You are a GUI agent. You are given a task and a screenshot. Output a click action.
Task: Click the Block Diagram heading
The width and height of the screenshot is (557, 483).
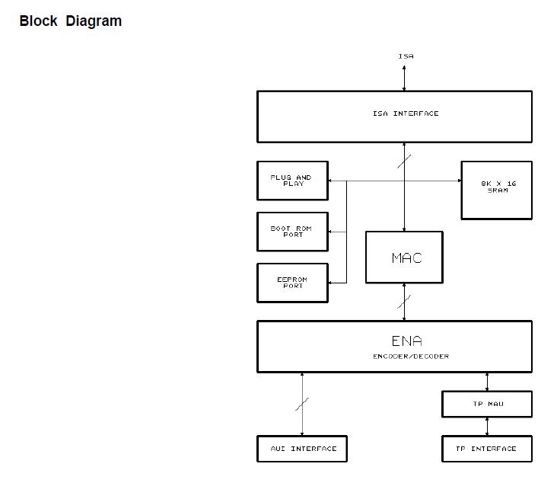[70, 21]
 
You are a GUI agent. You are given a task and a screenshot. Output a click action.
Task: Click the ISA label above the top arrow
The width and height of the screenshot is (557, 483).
[406, 56]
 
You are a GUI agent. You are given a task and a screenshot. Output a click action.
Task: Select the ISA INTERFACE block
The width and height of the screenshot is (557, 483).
[394, 117]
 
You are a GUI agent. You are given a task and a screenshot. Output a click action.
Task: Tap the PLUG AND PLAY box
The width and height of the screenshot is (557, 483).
[292, 181]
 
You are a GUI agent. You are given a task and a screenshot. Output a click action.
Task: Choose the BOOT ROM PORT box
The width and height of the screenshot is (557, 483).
[292, 232]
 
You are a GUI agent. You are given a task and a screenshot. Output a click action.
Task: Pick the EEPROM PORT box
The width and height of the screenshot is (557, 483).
[292, 283]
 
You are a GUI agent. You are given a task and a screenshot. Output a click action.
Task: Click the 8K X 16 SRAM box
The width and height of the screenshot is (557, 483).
[496, 190]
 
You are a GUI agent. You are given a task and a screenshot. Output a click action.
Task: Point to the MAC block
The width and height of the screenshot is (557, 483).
[404, 257]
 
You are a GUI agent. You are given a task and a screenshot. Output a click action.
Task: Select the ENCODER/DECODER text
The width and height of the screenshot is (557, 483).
[410, 357]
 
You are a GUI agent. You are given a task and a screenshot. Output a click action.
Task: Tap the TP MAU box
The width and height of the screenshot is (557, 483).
[486, 404]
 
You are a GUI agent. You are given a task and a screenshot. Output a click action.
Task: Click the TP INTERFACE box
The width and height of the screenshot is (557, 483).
[486, 449]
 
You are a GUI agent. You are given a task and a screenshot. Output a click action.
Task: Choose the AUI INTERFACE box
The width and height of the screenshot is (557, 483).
[302, 449]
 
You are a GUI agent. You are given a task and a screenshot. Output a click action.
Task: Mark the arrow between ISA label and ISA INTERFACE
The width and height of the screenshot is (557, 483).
[404, 78]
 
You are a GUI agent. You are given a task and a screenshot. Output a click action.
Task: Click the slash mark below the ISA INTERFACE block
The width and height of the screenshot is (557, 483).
[404, 162]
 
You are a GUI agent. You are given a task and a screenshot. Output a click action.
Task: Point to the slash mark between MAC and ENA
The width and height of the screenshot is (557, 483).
[404, 302]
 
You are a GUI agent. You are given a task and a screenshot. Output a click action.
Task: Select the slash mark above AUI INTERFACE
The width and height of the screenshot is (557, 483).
[302, 404]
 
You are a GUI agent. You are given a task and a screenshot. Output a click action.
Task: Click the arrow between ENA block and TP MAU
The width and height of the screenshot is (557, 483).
[487, 382]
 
